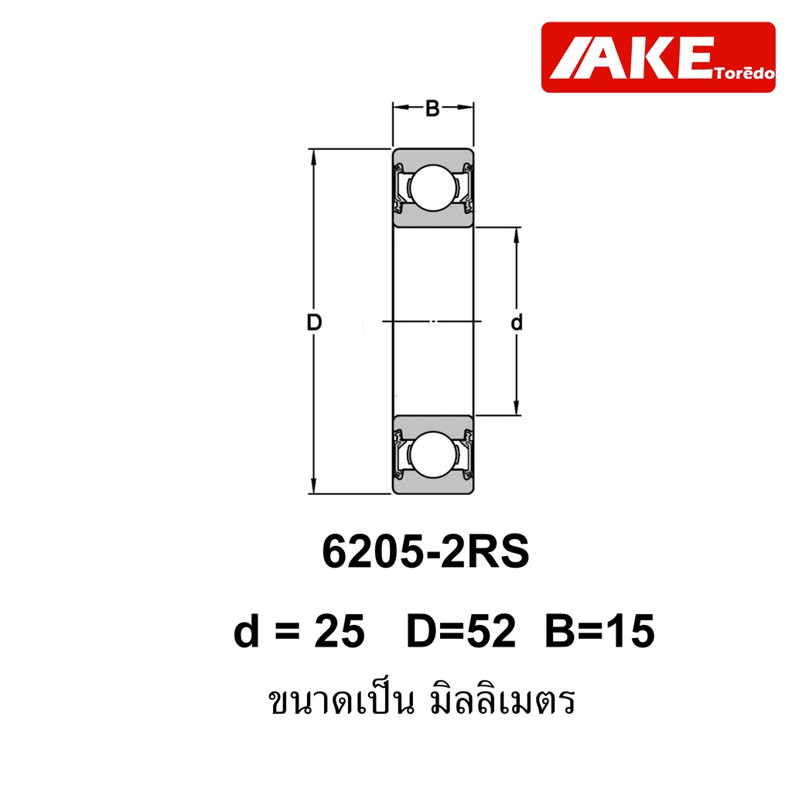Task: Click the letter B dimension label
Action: (x=432, y=108)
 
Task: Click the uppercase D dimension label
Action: (x=314, y=323)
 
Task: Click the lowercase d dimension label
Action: (x=516, y=323)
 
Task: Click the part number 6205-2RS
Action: (x=426, y=551)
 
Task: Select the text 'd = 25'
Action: (x=299, y=630)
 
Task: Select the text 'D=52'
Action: (x=461, y=630)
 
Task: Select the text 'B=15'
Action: (x=599, y=630)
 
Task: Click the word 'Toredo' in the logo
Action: (x=745, y=73)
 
